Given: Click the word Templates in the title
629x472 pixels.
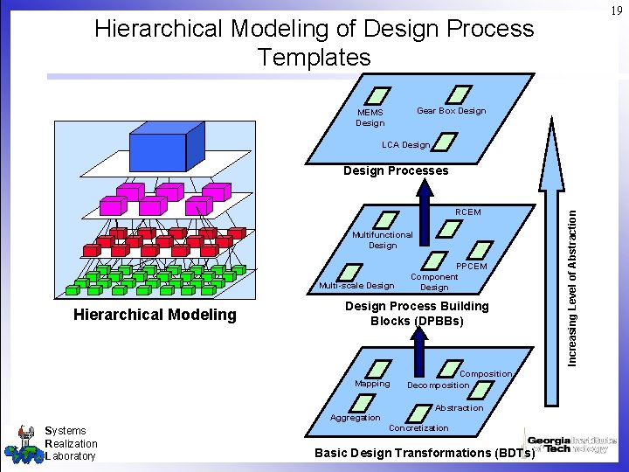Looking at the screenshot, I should [x=314, y=58].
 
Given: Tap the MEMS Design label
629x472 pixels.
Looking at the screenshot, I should [x=370, y=117].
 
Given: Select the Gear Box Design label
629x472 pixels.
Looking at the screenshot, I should [x=451, y=111].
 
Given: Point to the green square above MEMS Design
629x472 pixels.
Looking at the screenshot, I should [x=380, y=94].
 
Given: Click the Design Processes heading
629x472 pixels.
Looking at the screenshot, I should [x=396, y=170].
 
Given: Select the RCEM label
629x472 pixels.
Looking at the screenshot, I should [x=468, y=212].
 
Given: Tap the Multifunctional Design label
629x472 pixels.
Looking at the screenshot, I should [x=382, y=239].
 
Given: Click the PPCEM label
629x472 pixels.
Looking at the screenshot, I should [x=472, y=266].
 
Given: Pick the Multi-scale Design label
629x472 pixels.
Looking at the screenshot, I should [x=356, y=285].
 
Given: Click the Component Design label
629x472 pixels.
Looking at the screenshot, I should [x=434, y=281].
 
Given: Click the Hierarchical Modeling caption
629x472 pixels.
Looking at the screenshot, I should [x=154, y=315].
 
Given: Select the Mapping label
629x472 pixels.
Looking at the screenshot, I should [x=372, y=384].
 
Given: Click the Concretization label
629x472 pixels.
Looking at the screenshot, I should [x=418, y=427].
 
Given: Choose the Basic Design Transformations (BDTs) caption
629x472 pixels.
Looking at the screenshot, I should [x=425, y=453].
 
